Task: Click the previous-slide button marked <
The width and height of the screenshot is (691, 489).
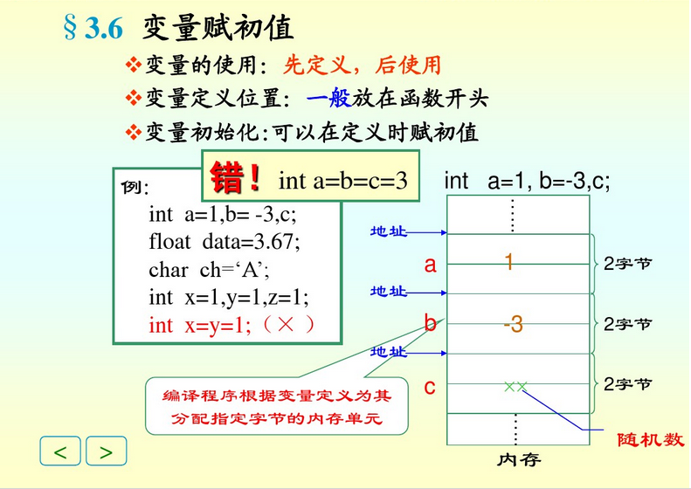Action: click(x=60, y=451)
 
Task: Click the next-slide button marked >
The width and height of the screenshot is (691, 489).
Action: click(x=106, y=451)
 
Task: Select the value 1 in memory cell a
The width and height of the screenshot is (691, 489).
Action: click(x=508, y=261)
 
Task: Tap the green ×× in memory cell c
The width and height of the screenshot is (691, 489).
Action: click(x=515, y=386)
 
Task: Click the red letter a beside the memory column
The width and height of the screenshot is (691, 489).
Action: click(x=430, y=265)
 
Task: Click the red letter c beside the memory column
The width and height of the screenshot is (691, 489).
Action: click(x=430, y=386)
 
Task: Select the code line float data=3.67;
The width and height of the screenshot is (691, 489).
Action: click(x=224, y=241)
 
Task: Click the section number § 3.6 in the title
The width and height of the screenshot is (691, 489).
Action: click(x=93, y=29)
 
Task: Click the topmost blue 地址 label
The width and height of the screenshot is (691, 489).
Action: click(x=389, y=231)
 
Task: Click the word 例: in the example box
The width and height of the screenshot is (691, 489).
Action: click(x=135, y=188)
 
